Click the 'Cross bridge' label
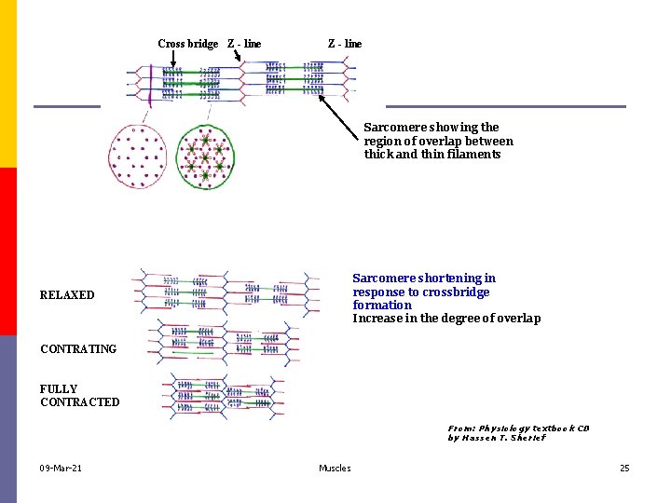click(187, 44)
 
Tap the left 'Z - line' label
click(244, 44)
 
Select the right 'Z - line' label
click(345, 44)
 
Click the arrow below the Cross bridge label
click(173, 61)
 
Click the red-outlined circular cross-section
click(137, 156)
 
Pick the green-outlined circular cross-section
click(206, 156)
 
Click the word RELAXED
click(67, 295)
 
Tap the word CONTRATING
click(78, 349)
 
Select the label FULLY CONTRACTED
click(79, 396)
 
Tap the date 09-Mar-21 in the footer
click(61, 468)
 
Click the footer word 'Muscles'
click(335, 468)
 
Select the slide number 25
click(624, 468)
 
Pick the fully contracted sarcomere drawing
click(222, 396)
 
